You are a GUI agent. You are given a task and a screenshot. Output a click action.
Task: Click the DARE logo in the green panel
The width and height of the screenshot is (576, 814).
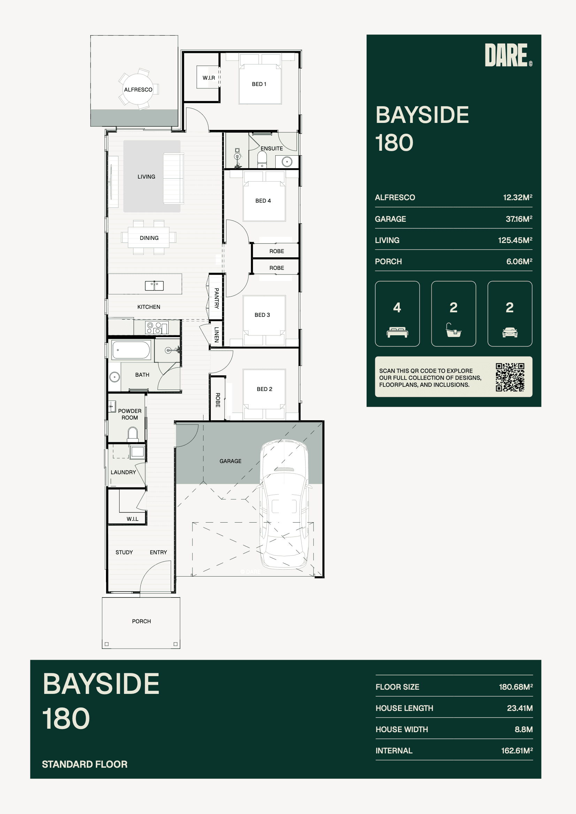tap(508, 55)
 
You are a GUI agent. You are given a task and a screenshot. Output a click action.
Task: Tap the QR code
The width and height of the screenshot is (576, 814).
tap(510, 377)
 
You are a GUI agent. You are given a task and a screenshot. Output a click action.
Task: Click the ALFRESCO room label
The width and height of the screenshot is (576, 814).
tap(138, 90)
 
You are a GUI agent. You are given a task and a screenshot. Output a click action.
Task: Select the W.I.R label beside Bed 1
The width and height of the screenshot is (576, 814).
tap(209, 78)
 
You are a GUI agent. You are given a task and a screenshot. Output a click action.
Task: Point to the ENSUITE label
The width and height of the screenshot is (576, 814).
tap(271, 149)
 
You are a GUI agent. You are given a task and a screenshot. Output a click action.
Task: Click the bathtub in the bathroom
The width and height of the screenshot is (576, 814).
tap(131, 350)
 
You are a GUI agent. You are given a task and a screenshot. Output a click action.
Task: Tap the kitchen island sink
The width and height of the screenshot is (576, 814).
tap(154, 285)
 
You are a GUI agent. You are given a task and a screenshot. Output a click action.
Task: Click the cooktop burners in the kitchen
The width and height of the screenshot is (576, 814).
tap(154, 328)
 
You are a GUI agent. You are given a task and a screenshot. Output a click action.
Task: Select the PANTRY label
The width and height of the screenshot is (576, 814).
tap(216, 298)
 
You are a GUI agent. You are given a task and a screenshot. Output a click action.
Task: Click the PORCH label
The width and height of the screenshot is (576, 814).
tap(141, 621)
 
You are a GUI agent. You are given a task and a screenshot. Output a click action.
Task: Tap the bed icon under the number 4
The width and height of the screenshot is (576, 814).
tap(397, 332)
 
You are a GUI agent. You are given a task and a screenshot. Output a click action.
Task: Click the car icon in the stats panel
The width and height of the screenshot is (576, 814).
tap(510, 332)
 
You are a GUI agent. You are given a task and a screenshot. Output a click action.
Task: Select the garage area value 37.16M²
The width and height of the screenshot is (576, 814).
tap(519, 219)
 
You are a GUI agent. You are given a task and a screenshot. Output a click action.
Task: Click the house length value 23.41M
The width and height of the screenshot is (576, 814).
tap(520, 708)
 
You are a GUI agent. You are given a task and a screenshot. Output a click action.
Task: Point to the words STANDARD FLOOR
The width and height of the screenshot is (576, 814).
tap(84, 764)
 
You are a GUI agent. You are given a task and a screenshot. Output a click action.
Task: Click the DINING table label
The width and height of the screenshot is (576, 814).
tap(149, 238)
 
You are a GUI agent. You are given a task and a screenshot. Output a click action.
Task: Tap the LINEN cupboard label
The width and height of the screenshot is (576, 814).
tap(216, 334)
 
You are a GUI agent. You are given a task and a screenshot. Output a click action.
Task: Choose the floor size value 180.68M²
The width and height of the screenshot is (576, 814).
tap(516, 687)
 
